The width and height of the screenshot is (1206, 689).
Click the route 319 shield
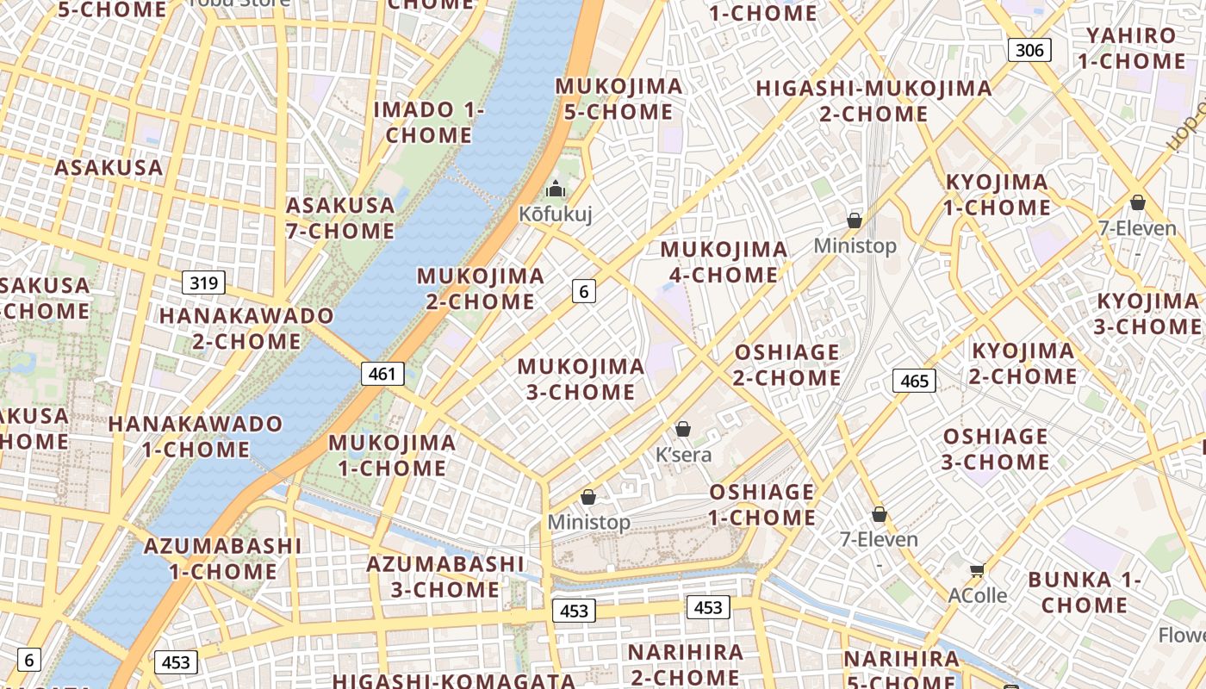pyautogui.click(x=203, y=282)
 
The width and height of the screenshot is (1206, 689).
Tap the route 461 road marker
pyautogui.click(x=382, y=374)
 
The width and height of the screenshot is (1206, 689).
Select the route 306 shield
pyautogui.click(x=1029, y=50)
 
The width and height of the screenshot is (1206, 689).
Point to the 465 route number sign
pyautogui.click(x=914, y=381)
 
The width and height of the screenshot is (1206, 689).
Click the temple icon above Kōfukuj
pyautogui.click(x=556, y=189)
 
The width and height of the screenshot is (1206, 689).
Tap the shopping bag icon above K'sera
pyautogui.click(x=683, y=429)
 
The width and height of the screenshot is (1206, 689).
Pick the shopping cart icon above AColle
pyautogui.click(x=977, y=571)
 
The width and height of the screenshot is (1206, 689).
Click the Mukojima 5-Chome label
pyautogui.click(x=619, y=99)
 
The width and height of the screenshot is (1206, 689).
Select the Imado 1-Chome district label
pyautogui.click(x=429, y=122)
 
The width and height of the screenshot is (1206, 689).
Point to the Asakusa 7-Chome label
pyautogui.click(x=340, y=218)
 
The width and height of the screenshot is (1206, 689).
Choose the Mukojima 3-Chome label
pyautogui.click(x=581, y=379)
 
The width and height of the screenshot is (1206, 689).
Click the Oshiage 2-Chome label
pyautogui.click(x=787, y=365)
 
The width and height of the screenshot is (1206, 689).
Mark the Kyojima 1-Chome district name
pyautogui.click(x=998, y=195)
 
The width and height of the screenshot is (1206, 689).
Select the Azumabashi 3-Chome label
pyautogui.click(x=444, y=577)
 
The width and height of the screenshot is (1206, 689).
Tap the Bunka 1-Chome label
pyautogui.click(x=1085, y=593)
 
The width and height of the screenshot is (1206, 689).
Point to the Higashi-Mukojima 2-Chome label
pyautogui.click(x=873, y=101)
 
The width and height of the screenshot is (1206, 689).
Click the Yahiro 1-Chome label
pyautogui.click(x=1131, y=48)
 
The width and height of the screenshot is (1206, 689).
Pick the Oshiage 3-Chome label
pyautogui.click(x=995, y=449)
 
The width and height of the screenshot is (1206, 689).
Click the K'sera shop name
pyautogui.click(x=684, y=454)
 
